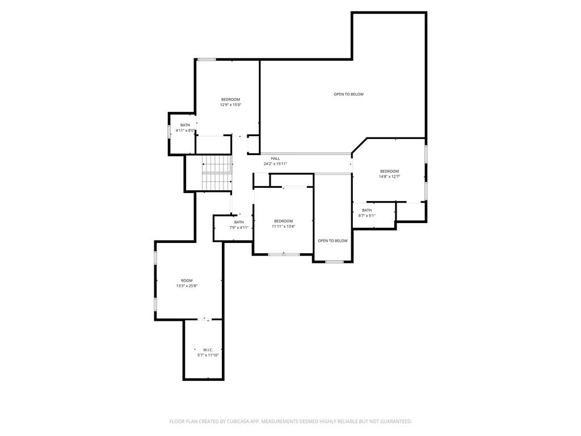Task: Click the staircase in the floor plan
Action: (x=217, y=173)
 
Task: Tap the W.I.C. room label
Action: (x=208, y=350)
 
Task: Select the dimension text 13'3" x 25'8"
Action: (x=187, y=286)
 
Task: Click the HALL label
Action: (x=275, y=158)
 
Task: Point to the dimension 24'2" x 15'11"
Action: (x=275, y=163)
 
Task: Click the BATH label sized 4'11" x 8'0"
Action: (x=186, y=125)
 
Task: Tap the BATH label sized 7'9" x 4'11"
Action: (x=239, y=223)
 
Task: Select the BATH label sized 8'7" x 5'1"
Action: (x=367, y=210)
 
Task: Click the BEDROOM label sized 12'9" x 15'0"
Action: (x=230, y=99)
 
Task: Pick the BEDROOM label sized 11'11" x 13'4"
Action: (x=284, y=221)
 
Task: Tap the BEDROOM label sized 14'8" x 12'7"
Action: (x=389, y=171)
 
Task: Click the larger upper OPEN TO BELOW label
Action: (x=349, y=94)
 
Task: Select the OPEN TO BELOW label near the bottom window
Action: (x=332, y=241)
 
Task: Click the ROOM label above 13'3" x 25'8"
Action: (x=187, y=280)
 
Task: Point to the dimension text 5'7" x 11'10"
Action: (x=208, y=355)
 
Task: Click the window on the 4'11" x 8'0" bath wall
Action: (x=169, y=132)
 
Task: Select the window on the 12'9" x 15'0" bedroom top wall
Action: (x=207, y=59)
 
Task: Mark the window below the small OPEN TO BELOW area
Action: (x=334, y=262)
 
